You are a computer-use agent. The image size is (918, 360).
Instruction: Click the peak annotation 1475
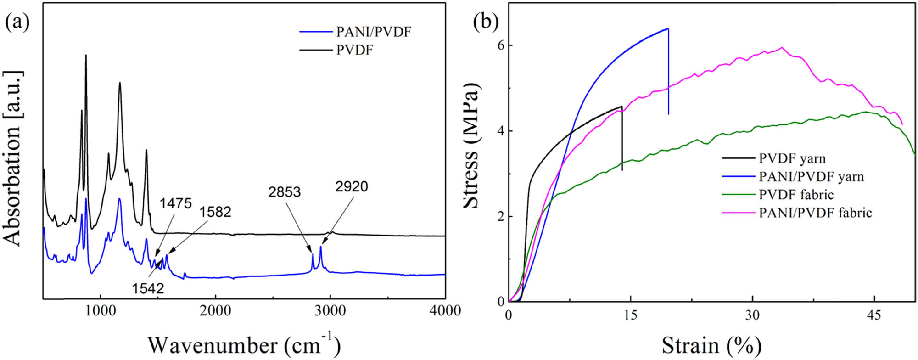(175, 203)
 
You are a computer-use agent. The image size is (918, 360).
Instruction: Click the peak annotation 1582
(215, 212)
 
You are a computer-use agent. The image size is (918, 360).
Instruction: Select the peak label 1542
(148, 288)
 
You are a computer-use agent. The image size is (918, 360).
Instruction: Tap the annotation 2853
(285, 192)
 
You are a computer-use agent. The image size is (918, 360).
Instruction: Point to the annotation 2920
(352, 186)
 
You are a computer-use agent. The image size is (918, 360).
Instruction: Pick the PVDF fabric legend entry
(796, 194)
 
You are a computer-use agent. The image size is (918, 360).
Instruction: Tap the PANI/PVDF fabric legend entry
(815, 213)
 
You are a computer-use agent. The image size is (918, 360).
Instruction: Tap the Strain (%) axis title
(711, 345)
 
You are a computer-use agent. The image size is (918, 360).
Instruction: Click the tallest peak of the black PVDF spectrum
(86, 55)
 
